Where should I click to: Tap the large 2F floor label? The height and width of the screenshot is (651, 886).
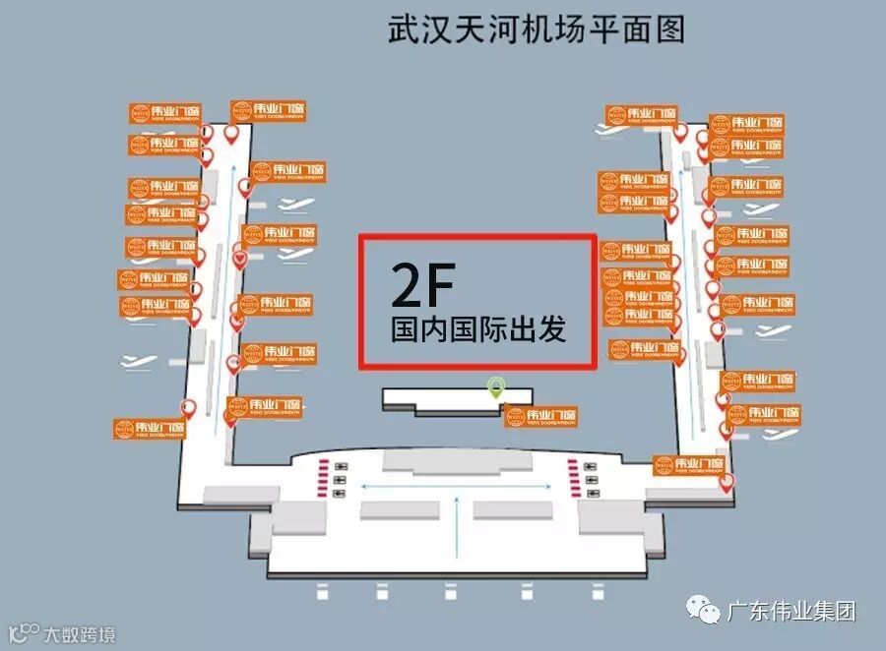click(422, 284)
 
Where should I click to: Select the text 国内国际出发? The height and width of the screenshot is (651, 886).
click(478, 328)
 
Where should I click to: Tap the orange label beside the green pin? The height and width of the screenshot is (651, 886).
click(541, 417)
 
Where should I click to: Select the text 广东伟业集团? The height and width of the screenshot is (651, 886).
click(791, 612)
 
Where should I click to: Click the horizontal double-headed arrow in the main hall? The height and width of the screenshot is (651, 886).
click(457, 485)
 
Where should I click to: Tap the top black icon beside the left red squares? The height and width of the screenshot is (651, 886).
click(341, 466)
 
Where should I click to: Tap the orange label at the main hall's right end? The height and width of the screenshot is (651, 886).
click(690, 465)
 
